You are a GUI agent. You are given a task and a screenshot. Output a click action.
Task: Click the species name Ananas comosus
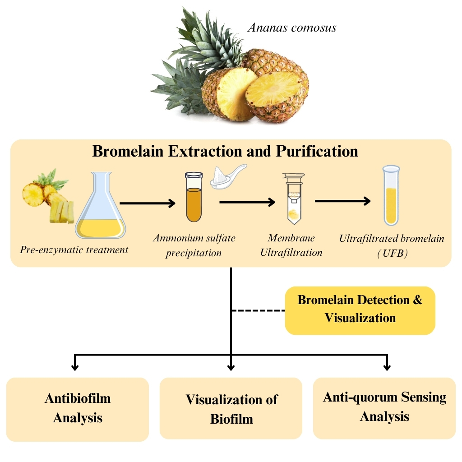[x=292, y=28]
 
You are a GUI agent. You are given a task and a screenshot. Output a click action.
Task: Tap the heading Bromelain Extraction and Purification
[x=225, y=151]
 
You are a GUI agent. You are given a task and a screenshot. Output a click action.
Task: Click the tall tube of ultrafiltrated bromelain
[x=391, y=195]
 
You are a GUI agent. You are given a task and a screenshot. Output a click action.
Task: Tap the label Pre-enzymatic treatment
[x=74, y=249]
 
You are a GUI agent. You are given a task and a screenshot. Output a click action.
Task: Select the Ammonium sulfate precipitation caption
[x=194, y=245]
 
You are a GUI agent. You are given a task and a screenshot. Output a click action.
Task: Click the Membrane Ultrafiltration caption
[x=291, y=245]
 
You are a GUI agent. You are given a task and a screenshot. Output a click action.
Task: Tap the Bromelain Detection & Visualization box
[x=360, y=310]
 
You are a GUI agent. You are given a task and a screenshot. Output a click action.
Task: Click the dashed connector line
[x=258, y=311]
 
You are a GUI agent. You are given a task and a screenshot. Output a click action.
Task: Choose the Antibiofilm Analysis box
[x=78, y=408]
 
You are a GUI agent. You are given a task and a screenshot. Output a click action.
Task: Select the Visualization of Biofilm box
[x=231, y=409]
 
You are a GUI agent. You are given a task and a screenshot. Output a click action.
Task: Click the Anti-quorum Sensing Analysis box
[x=384, y=407]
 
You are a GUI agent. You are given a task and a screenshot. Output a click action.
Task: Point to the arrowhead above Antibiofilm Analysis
[x=75, y=366]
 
